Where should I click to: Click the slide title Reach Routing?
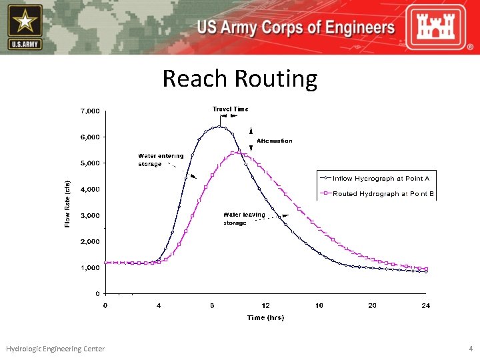[x=240, y=79]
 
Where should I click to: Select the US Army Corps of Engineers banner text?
[x=295, y=28]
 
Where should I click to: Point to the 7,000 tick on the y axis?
[x=91, y=110]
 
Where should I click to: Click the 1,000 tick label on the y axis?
[x=91, y=267]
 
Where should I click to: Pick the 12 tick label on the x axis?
[x=265, y=305]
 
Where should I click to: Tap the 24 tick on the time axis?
[x=425, y=305]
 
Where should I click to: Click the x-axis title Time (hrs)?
[x=265, y=317]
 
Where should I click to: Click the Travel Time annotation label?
[x=230, y=109]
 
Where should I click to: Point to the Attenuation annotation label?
[x=275, y=141]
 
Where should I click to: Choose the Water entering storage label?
[x=161, y=160]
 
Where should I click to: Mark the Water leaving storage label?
[x=244, y=219]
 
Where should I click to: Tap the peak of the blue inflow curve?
[x=219, y=126]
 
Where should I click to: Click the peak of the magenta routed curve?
[x=235, y=153]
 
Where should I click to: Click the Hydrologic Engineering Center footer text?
[x=55, y=349]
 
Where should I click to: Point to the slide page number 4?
[x=471, y=349]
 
